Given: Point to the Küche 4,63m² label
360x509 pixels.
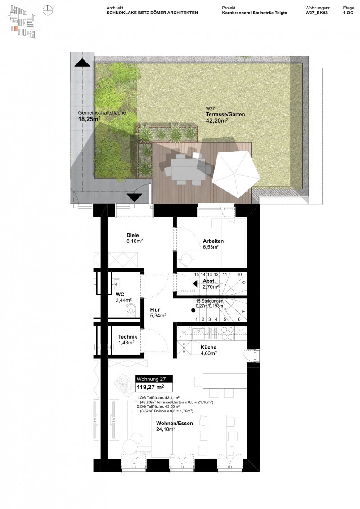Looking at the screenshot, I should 208,350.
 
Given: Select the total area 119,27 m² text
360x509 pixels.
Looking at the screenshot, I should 150,386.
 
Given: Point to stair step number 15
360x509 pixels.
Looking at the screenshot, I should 196,274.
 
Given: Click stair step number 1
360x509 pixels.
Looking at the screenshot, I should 196,319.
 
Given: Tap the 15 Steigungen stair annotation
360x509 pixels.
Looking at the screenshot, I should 210,304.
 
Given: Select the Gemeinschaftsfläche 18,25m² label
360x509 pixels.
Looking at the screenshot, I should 95,116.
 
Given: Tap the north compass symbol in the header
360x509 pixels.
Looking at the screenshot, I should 48,9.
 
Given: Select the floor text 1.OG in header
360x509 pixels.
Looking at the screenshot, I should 348,13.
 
